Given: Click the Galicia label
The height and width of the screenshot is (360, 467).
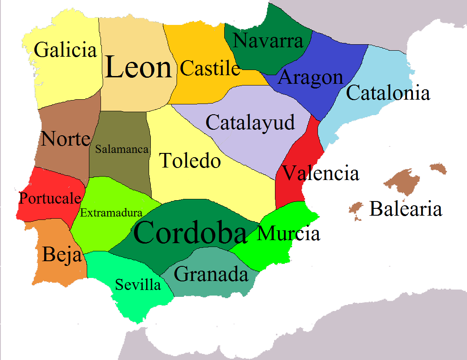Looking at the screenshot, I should coord(65,50).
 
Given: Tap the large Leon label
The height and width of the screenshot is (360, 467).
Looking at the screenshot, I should coord(138,68).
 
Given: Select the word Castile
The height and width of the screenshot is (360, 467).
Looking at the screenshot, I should coord(210,68).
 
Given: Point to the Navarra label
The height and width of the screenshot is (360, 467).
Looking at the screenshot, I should coord(269,41).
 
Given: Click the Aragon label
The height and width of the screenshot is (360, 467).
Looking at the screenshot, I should coord(311,78).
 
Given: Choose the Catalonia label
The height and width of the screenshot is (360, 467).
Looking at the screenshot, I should coord(388,93).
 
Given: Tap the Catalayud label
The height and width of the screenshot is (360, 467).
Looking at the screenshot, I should coord(250,122).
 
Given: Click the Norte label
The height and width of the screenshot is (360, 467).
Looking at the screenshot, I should coord(66,139).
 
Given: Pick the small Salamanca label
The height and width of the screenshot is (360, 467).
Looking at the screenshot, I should coord(122,149).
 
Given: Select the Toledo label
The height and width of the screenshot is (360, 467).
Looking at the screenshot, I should coord(190,161).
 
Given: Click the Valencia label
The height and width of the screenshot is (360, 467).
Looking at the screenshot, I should coord(320,174).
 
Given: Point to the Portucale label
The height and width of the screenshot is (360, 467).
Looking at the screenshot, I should coord(50,198).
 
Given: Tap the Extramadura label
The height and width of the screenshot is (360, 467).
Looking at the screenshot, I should coord(111,212).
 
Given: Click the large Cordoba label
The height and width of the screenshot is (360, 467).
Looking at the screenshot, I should coord(190,233).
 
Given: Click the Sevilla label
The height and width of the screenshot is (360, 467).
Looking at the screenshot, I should coord(138,284).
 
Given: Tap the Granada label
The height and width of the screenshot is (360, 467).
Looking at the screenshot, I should coord(211,274).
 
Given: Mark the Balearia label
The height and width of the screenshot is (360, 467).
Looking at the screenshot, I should coord(406,209).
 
